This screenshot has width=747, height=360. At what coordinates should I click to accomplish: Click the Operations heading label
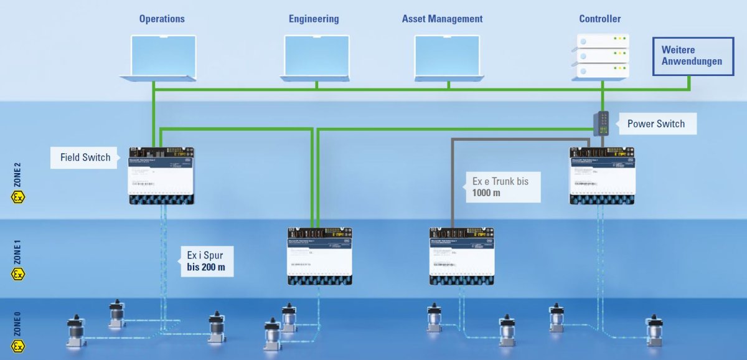point(162,19)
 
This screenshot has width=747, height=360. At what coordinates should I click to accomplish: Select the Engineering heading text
point(314,19)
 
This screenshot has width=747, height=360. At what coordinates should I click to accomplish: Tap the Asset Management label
point(442,19)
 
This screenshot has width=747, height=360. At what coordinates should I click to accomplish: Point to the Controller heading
point(599,19)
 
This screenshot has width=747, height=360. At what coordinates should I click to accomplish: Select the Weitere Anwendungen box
point(693,56)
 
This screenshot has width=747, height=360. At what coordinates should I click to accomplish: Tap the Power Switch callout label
point(656,124)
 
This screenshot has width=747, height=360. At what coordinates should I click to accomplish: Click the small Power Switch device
point(602,123)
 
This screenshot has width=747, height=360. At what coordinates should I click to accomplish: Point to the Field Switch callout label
point(85,158)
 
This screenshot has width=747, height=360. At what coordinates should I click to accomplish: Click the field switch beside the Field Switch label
point(161,176)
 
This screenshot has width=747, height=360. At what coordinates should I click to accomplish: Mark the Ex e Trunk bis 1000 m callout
point(500,187)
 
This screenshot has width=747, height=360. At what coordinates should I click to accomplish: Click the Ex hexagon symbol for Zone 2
point(18,197)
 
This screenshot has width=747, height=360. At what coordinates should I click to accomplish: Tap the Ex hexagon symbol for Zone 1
point(18,273)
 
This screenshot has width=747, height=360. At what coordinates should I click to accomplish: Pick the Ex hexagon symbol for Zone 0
point(18,346)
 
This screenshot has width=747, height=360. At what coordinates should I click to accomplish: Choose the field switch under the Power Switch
point(603,176)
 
